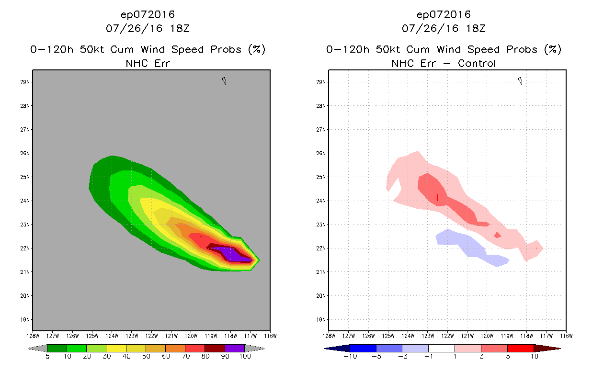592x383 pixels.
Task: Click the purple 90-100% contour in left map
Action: (x=230, y=253)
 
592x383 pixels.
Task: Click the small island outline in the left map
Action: (x=224, y=81)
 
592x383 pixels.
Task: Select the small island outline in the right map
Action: (x=520, y=81)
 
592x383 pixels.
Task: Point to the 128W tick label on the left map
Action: (x=33, y=336)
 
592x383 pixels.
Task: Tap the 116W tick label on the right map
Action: (x=566, y=336)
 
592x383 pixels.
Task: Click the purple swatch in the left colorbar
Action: (x=235, y=348)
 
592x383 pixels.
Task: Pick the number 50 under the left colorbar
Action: (x=146, y=357)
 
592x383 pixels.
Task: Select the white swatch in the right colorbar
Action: (x=441, y=348)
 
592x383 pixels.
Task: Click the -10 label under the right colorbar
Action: (x=349, y=357)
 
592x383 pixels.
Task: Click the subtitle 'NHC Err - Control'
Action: (x=444, y=63)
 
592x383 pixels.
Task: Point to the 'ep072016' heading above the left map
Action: (x=148, y=14)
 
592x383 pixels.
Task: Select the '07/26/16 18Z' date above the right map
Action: (x=444, y=28)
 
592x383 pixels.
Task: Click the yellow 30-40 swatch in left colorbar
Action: (x=116, y=348)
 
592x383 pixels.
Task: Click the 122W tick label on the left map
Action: (x=151, y=336)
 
